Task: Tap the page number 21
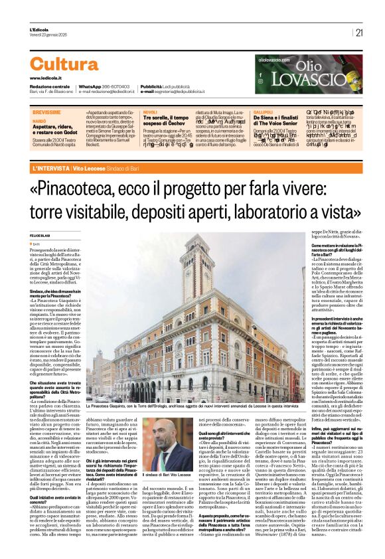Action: click(x=359, y=32)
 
